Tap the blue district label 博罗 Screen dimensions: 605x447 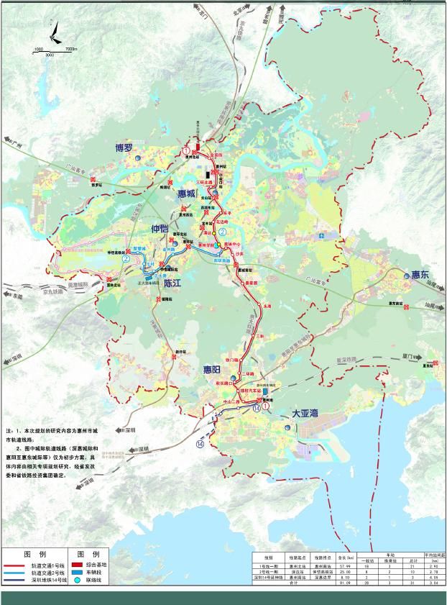(x=124, y=148)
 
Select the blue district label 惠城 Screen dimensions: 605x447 (x=187, y=194)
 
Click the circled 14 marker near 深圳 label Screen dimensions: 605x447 (x=200, y=445)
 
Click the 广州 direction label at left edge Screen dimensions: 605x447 (x=10, y=145)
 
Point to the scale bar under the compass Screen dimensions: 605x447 (x=50, y=50)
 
